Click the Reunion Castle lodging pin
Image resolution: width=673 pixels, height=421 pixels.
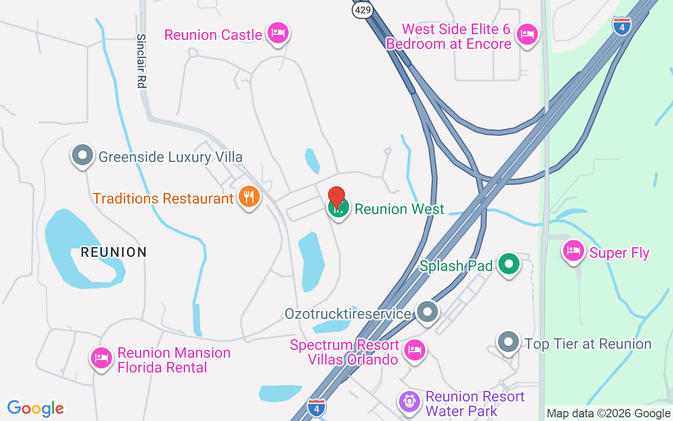[278, 34]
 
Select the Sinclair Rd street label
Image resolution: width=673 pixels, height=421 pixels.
[141, 61]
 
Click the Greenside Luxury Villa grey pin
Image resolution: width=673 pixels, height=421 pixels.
[83, 155]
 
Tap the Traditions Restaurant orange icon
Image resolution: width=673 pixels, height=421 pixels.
[248, 197]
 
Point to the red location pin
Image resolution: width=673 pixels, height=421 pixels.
[336, 199]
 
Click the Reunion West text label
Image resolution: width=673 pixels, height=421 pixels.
[400, 209]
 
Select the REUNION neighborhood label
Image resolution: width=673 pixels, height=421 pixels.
[114, 252]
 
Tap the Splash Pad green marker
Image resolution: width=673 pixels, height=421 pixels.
[509, 264]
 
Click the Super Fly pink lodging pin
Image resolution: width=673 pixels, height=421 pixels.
[574, 251]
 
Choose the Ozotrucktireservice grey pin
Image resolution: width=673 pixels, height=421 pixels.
[427, 312]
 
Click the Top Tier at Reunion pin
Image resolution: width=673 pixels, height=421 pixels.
[508, 342]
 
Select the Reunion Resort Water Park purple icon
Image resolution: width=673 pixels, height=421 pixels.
[409, 402]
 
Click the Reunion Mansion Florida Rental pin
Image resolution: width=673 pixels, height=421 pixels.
[101, 358]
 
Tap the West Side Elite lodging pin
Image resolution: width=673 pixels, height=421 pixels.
[527, 35]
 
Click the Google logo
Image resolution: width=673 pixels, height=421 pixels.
[36, 408]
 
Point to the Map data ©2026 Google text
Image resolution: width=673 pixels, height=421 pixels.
[608, 414]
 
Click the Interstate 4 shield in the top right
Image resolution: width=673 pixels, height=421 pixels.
[621, 26]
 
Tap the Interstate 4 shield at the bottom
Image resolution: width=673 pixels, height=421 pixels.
[316, 406]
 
